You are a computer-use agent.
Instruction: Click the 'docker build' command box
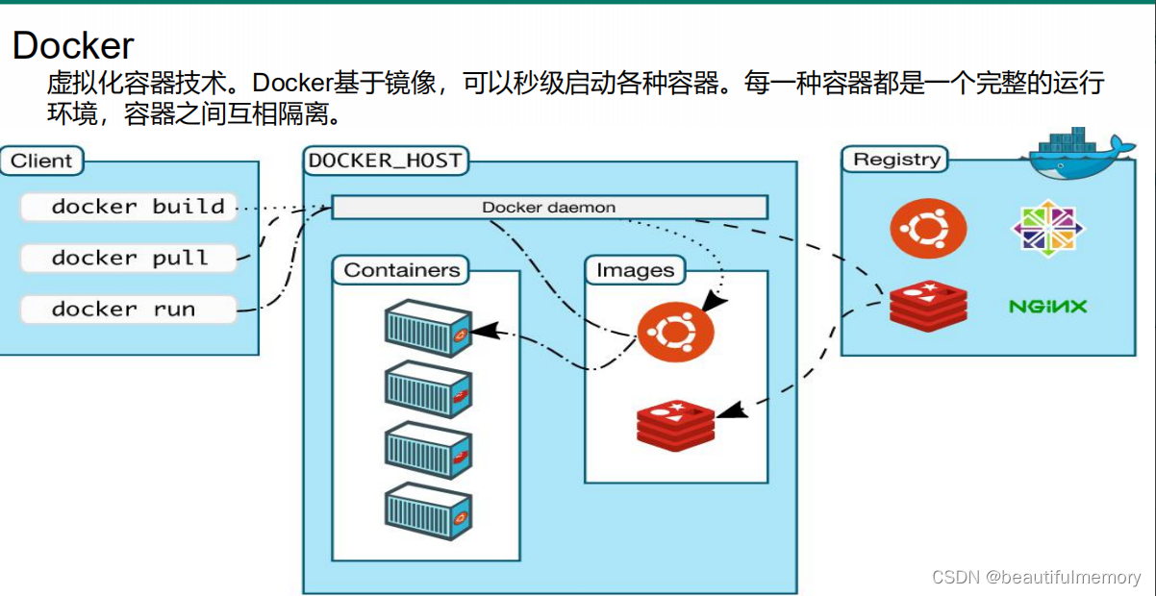129,207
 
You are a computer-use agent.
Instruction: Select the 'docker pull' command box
129,258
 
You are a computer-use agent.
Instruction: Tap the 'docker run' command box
129,310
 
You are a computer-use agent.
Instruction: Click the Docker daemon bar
549,208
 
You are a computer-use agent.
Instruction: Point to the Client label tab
41,161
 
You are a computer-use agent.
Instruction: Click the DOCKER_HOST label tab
386,161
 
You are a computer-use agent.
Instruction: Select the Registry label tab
895,159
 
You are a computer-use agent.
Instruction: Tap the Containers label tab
401,270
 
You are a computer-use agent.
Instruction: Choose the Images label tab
636,270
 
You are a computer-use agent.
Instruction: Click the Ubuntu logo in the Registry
928,228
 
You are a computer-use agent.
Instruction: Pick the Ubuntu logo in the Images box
675,332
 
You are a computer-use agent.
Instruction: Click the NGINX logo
1047,307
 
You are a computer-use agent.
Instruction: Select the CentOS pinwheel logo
1047,228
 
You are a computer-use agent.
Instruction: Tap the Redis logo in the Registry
928,306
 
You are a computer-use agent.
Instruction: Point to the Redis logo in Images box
675,426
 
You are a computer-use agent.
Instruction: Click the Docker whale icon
1079,154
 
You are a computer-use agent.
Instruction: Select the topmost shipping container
428,328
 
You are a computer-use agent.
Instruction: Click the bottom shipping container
428,511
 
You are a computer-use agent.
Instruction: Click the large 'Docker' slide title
73,45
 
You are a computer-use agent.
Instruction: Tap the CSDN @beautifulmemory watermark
1037,577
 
